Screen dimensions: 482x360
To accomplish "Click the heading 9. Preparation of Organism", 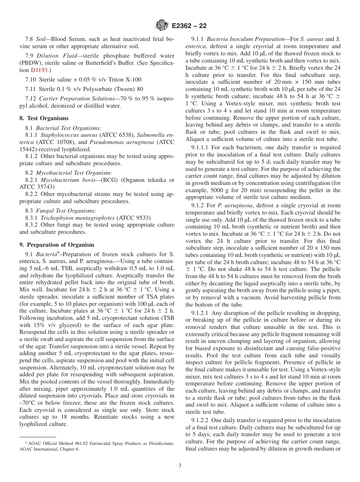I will (x=57, y=244).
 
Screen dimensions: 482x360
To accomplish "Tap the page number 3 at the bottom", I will (x=180, y=466).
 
